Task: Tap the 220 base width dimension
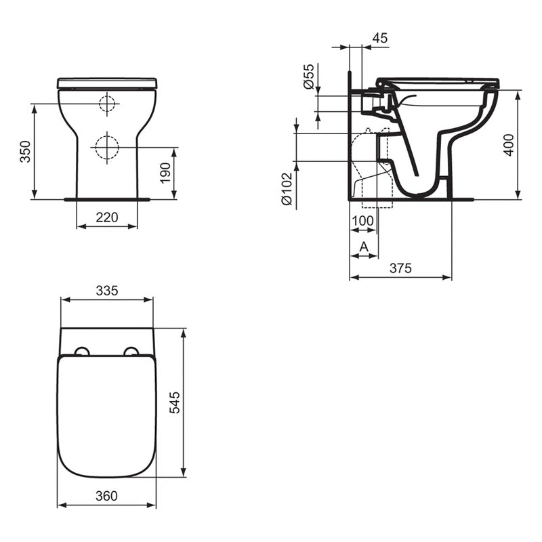click(x=107, y=217)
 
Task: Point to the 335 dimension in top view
click(x=107, y=291)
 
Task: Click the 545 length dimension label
click(x=174, y=403)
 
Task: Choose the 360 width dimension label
click(x=107, y=496)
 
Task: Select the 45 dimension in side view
click(x=380, y=39)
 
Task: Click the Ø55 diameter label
click(x=308, y=77)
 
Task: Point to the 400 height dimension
click(x=509, y=145)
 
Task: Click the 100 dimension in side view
click(x=363, y=221)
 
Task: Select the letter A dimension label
click(x=363, y=247)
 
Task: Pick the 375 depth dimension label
click(x=400, y=268)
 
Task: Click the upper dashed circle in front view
click(x=107, y=104)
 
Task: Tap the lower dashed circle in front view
click(x=106, y=147)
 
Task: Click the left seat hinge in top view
click(x=82, y=351)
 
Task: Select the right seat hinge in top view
click(x=131, y=351)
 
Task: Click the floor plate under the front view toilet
click(x=107, y=199)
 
